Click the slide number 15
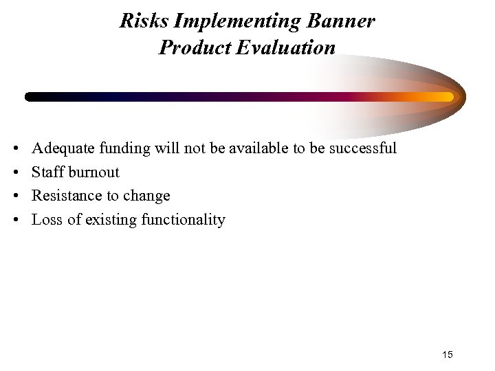(448, 355)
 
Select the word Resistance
(65, 196)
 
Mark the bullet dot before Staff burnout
(16, 172)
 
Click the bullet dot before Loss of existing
(16, 221)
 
